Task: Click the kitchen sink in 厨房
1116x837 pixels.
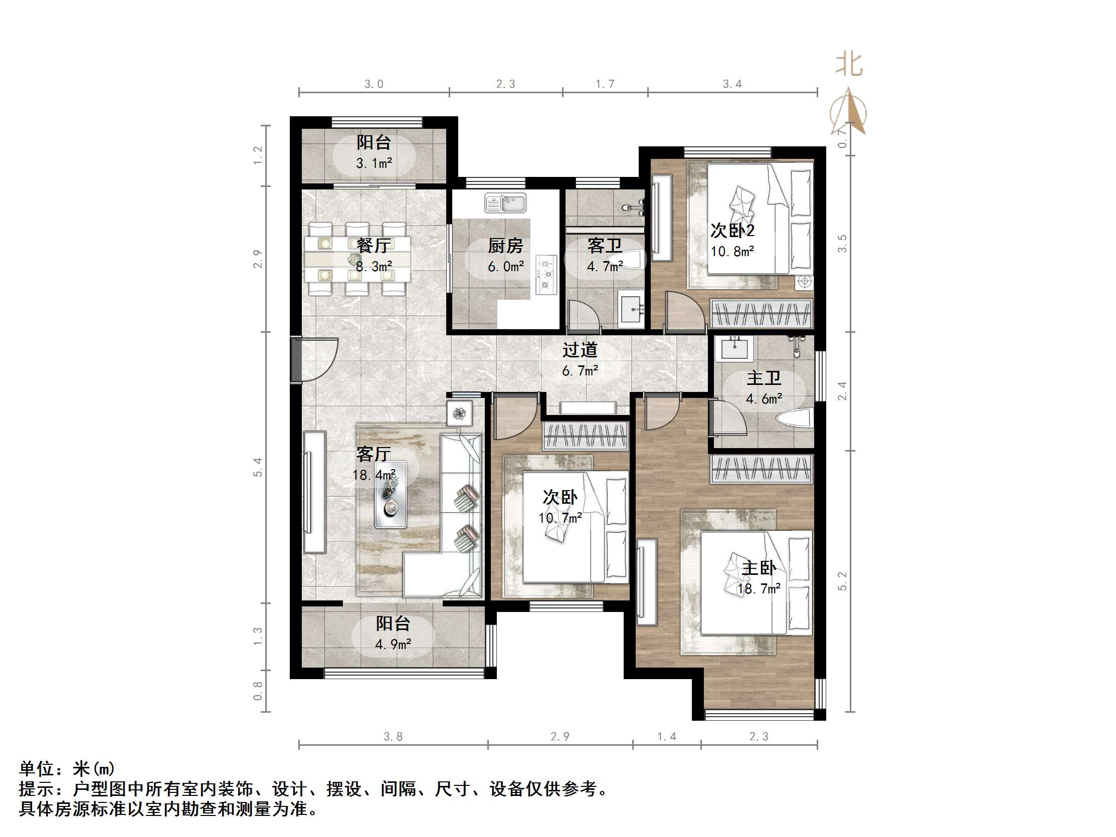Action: click(505, 203)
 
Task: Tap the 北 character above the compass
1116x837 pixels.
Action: click(849, 65)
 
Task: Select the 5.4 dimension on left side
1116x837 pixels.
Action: click(258, 467)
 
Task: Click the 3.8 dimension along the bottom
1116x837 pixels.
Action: click(393, 737)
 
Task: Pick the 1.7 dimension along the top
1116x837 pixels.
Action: click(605, 84)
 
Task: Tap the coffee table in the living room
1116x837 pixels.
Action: click(391, 494)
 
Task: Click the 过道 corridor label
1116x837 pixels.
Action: click(580, 350)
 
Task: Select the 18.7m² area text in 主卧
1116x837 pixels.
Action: click(759, 589)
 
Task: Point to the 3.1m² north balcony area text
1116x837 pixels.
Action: click(374, 163)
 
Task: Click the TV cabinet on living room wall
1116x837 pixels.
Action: click(314, 492)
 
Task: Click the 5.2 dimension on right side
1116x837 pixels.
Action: click(843, 581)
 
